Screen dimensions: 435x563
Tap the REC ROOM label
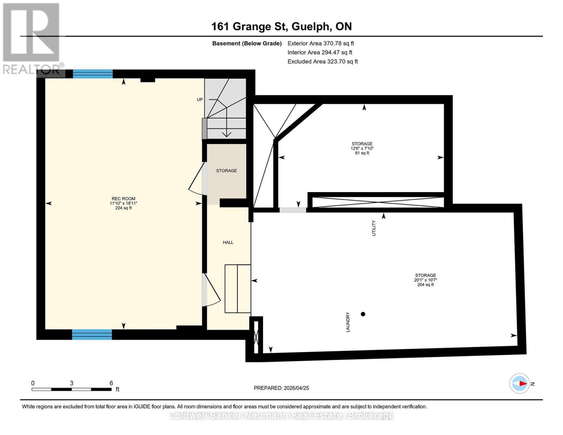coord(123,199)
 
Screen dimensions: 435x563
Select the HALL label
coord(228,243)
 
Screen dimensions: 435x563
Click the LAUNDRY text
coord(348,322)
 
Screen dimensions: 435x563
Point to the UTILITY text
coord(374,228)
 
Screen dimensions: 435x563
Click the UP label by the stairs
coord(200,100)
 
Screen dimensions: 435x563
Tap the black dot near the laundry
coord(363,314)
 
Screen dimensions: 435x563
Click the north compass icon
coord(520,383)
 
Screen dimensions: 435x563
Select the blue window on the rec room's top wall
coord(93,74)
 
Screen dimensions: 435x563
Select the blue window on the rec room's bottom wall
coord(92,335)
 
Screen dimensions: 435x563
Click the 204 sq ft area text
coord(425,285)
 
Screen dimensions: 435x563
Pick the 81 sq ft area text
coord(362,153)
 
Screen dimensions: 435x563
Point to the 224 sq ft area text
coord(123,208)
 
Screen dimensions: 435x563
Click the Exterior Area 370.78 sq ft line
coord(321,43)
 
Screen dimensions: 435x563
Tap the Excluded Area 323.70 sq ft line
coord(322,62)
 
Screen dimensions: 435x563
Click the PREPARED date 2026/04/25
coord(281,388)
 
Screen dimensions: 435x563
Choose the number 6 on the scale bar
coord(111,383)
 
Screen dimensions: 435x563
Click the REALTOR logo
coord(32,38)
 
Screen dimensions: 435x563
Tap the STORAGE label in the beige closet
coord(226,171)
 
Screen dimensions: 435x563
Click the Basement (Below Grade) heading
coord(247,43)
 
